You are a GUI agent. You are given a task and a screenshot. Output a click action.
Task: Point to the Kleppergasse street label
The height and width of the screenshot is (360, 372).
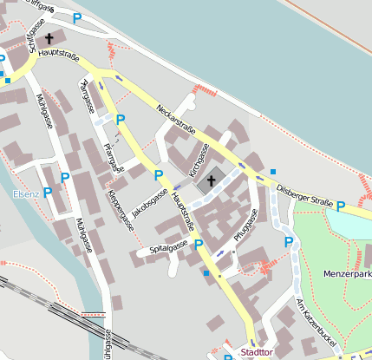121,210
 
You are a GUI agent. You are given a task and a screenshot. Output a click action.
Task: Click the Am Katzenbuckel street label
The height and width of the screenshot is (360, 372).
314,318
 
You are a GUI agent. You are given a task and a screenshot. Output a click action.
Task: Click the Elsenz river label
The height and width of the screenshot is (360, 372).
26,194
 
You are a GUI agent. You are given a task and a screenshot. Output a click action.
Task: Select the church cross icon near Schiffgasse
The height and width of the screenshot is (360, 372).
49,38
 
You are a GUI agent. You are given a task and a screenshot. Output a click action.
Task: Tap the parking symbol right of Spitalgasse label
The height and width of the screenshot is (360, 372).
199,245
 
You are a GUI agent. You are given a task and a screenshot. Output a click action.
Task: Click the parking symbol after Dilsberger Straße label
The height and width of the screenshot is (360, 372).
341,206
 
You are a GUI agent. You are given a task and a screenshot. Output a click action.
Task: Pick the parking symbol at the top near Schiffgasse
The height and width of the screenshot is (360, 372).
77,18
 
